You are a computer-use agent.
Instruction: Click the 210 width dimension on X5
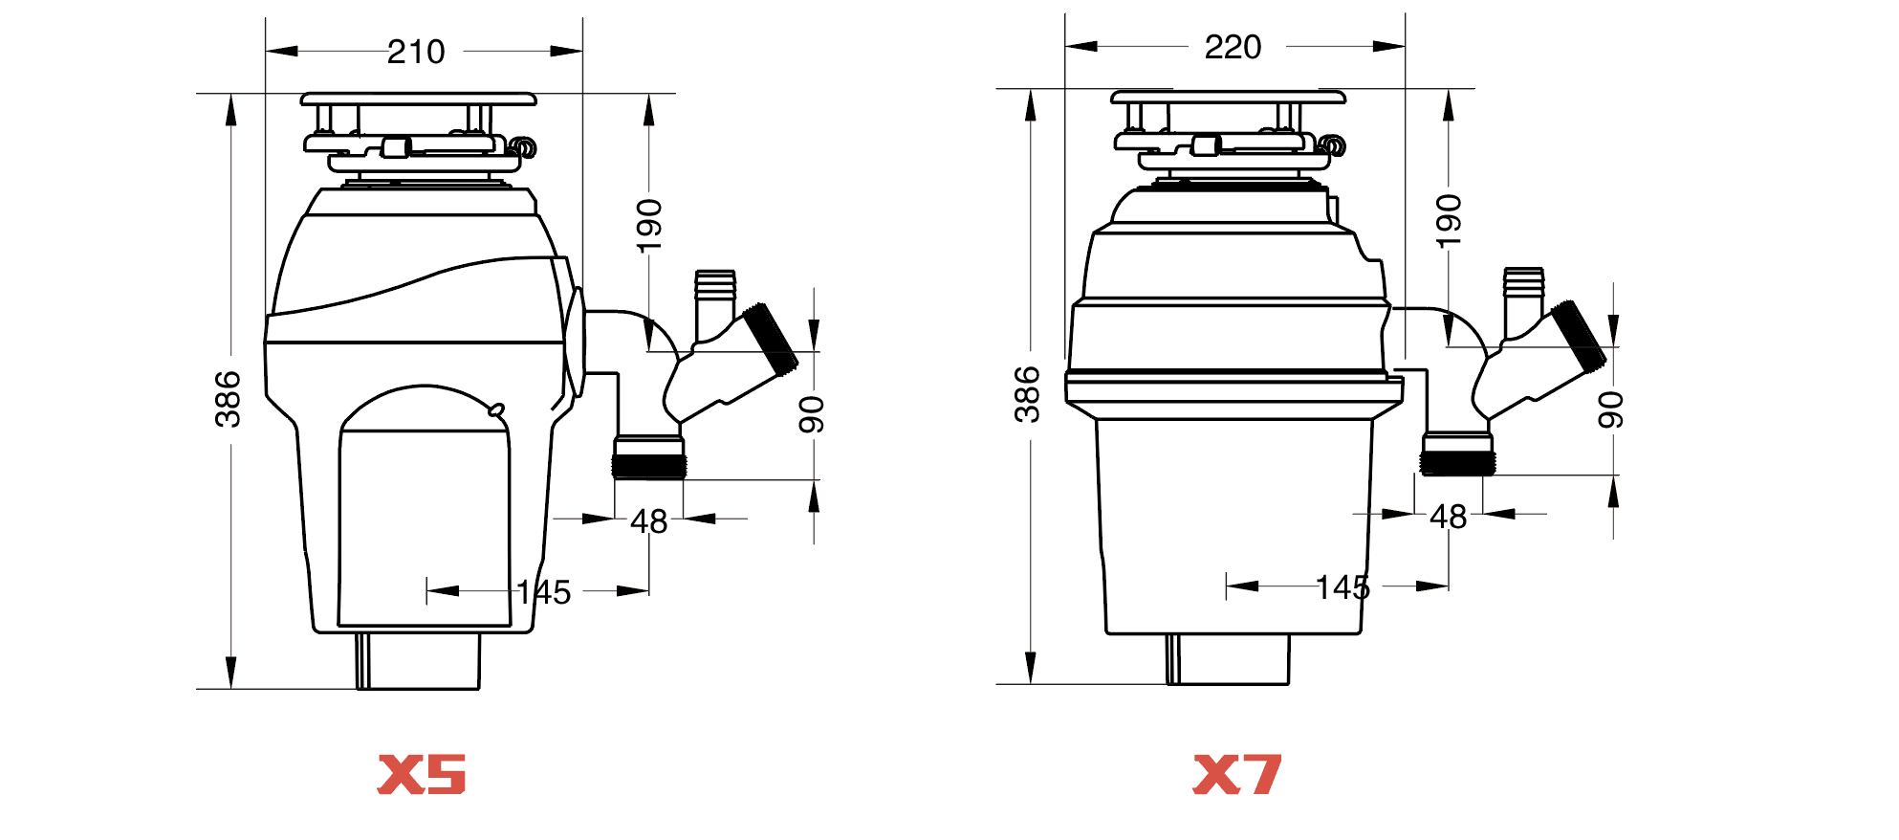pos(416,52)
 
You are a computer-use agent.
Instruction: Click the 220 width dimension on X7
pos(1233,47)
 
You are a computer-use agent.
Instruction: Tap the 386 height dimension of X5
pos(228,399)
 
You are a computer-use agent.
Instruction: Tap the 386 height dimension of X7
pos(1027,394)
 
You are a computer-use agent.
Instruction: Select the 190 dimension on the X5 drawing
pos(649,226)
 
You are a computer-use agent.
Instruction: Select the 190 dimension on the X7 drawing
pos(1449,221)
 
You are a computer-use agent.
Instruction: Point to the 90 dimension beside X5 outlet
pos(812,414)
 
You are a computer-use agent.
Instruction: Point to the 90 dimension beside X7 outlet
pos(1611,410)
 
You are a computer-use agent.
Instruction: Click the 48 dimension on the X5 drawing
pos(648,521)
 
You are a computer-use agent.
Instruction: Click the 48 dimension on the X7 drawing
pos(1448,517)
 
